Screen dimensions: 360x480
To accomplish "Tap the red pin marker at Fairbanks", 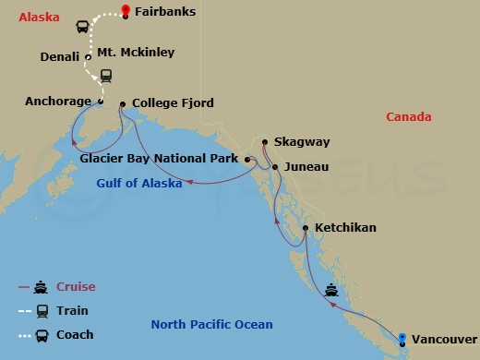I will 125,12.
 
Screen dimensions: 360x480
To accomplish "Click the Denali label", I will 60,56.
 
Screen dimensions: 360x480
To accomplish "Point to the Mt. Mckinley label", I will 136,53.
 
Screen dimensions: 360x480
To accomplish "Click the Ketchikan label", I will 345,227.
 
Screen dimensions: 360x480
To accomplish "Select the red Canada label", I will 409,117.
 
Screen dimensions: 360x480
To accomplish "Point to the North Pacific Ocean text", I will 211,324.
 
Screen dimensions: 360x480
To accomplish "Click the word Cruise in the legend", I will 76,287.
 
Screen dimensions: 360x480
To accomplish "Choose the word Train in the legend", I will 72,311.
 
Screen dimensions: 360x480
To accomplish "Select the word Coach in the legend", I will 74,335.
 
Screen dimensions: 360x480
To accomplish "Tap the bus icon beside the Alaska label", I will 82,27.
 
